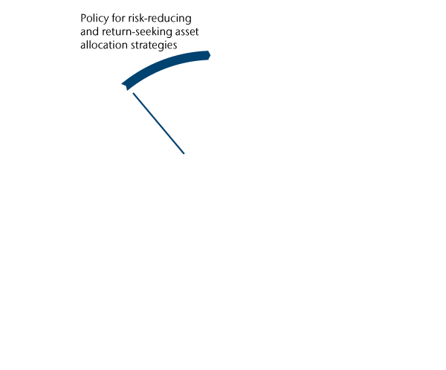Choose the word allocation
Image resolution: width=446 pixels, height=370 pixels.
click(104, 45)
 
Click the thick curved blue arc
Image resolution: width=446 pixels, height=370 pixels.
click(165, 65)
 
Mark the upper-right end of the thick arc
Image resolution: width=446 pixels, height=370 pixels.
click(210, 54)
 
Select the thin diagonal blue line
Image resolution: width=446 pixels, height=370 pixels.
click(158, 124)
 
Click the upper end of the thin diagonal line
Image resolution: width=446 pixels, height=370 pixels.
click(133, 94)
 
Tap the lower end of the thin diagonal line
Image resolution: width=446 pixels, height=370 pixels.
click(184, 153)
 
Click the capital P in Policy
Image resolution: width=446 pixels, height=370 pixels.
click(83, 17)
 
